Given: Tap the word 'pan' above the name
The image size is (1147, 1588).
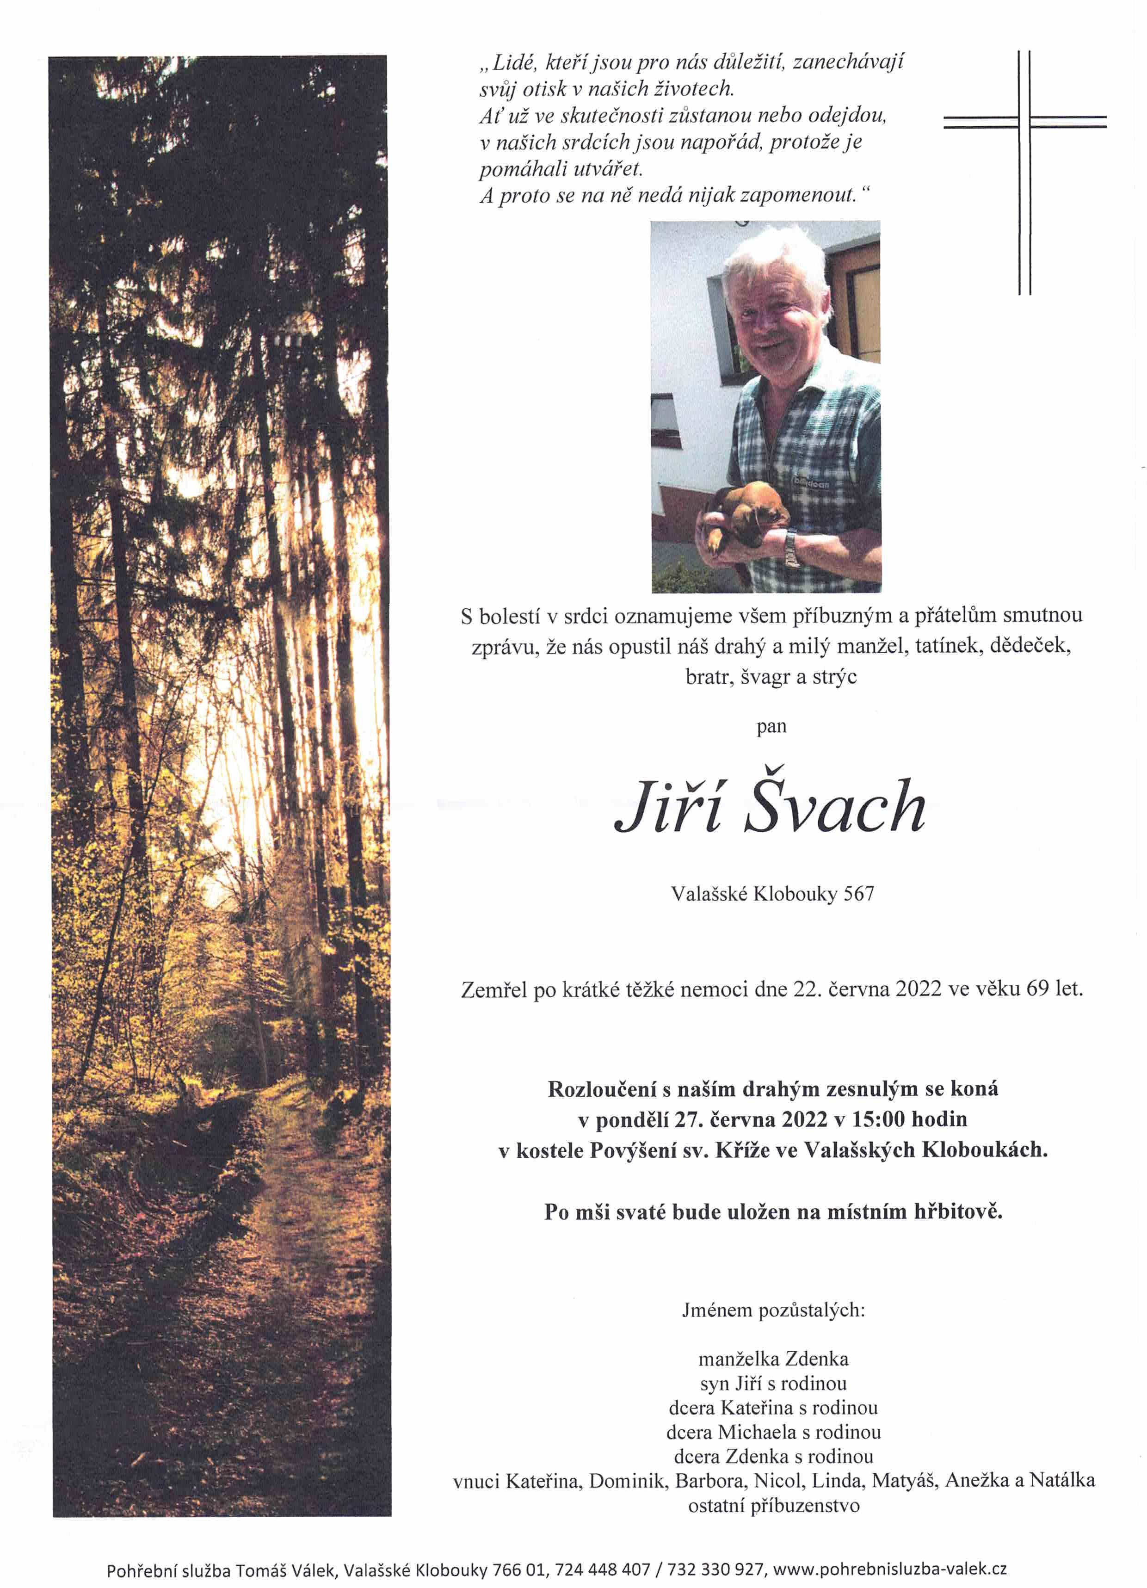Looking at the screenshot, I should pos(771,727).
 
